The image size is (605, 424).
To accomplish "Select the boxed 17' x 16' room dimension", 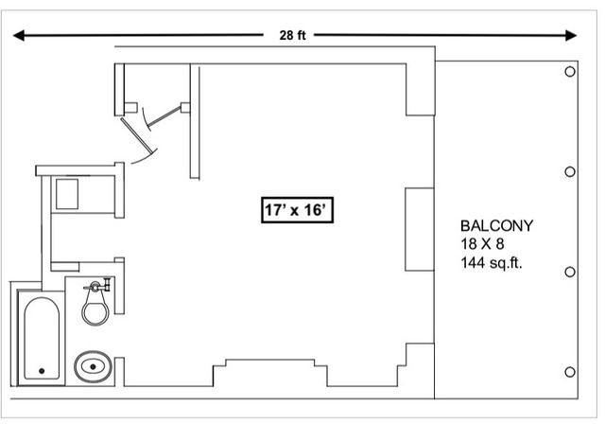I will tap(294, 210).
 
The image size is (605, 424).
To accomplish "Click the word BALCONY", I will tap(497, 226).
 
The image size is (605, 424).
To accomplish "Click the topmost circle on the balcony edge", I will tap(570, 72).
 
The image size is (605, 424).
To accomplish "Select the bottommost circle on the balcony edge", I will tap(570, 370).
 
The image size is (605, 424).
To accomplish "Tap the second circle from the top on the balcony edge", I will tap(570, 171).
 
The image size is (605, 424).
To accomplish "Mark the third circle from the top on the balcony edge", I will tap(570, 272).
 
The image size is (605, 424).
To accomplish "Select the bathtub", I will tap(42, 339).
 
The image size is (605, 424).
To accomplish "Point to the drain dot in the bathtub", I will tap(41, 370).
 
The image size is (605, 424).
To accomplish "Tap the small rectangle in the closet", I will tap(66, 193).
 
